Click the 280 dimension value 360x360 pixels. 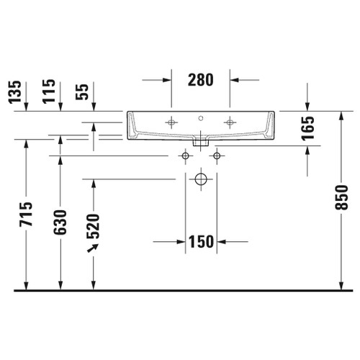coord(200,80)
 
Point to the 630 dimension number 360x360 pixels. coord(60,222)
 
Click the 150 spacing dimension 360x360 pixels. coord(200,242)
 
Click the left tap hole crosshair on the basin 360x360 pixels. coord(171,122)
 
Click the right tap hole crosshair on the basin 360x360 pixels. coord(230,122)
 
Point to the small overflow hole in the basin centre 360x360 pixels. coord(201,117)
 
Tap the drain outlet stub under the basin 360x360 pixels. coord(201,143)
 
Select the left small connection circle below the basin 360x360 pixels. coord(185,156)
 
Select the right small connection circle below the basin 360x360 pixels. coord(215,156)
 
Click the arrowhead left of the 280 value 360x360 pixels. coord(168,80)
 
